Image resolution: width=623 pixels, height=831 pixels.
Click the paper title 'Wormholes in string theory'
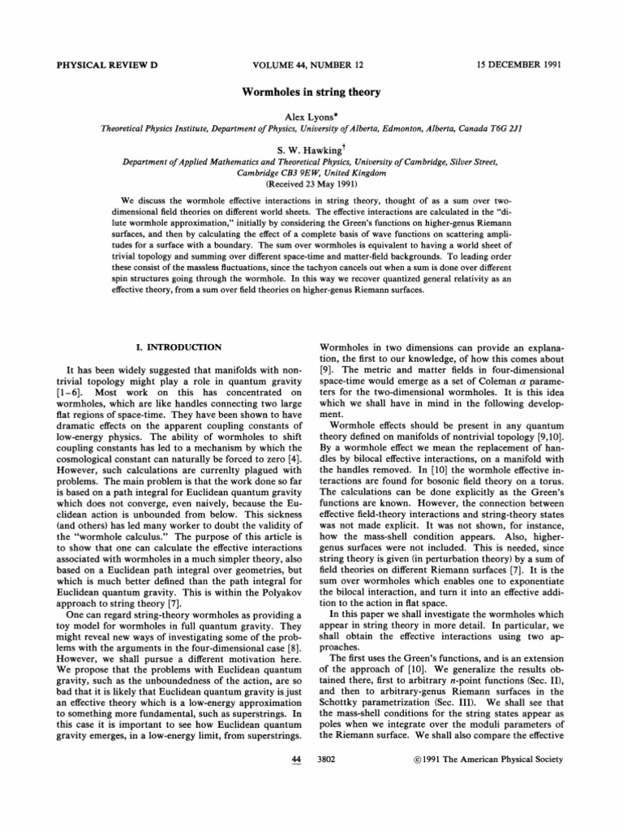point(311,92)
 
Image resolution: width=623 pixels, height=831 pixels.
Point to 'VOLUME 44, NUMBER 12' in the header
point(311,63)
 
